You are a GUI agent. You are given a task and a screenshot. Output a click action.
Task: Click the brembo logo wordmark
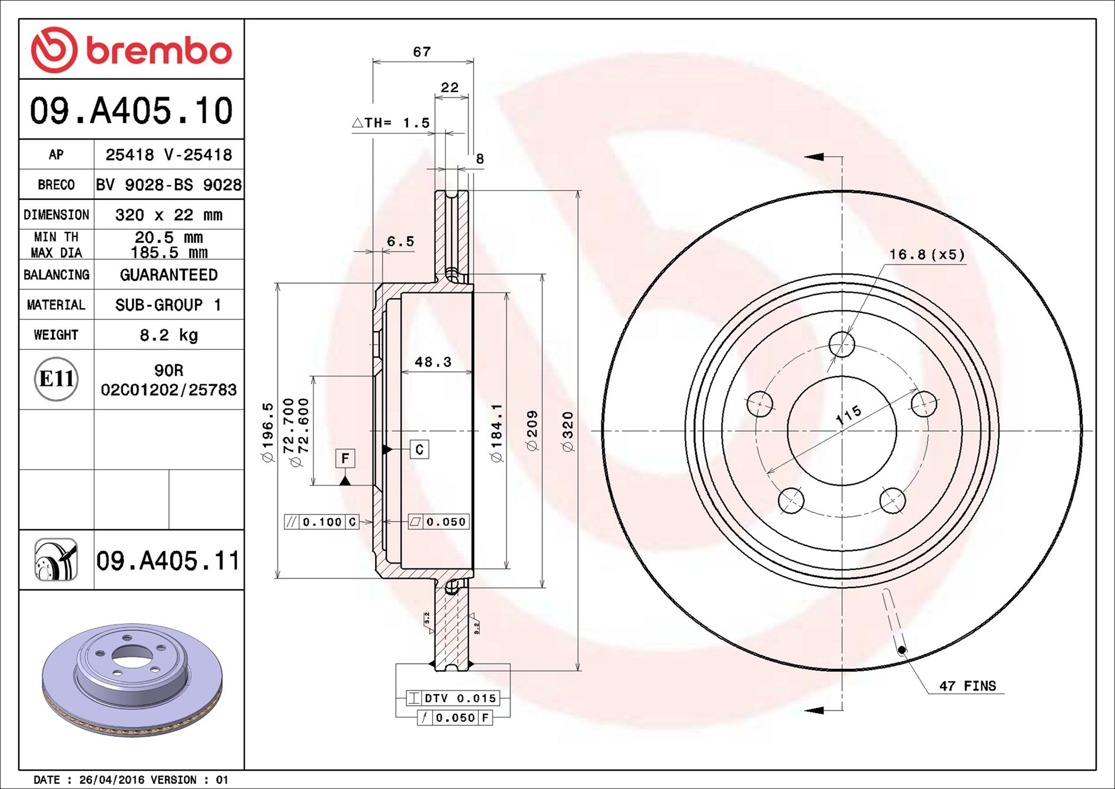point(159,51)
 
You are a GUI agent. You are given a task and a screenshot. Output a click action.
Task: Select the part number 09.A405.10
point(131,111)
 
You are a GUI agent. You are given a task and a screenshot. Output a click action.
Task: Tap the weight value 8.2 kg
point(169,335)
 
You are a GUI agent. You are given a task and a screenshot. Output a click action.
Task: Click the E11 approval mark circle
point(56,379)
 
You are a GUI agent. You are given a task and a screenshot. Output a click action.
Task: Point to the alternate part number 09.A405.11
point(168,560)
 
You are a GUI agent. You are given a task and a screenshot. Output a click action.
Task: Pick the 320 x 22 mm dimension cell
point(169,215)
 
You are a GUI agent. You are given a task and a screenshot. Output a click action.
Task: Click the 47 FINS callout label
point(968,686)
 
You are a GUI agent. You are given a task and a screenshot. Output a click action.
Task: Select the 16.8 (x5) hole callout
point(927,255)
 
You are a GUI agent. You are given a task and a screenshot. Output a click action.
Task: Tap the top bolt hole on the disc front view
point(842,344)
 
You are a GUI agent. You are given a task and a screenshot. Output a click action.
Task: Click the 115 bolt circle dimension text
point(849,415)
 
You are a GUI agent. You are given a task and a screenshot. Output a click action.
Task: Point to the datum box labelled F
point(345,458)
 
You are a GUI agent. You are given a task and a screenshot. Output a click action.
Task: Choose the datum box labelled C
point(419,450)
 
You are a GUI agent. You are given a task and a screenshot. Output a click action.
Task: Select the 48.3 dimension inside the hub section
point(433,362)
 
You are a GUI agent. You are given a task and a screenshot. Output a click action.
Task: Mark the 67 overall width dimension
point(422,52)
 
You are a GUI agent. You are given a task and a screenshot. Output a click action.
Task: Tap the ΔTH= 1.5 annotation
point(391,123)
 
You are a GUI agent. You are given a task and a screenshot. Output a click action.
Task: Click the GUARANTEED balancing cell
point(169,275)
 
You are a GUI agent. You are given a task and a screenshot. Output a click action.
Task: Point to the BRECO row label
point(57,185)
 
